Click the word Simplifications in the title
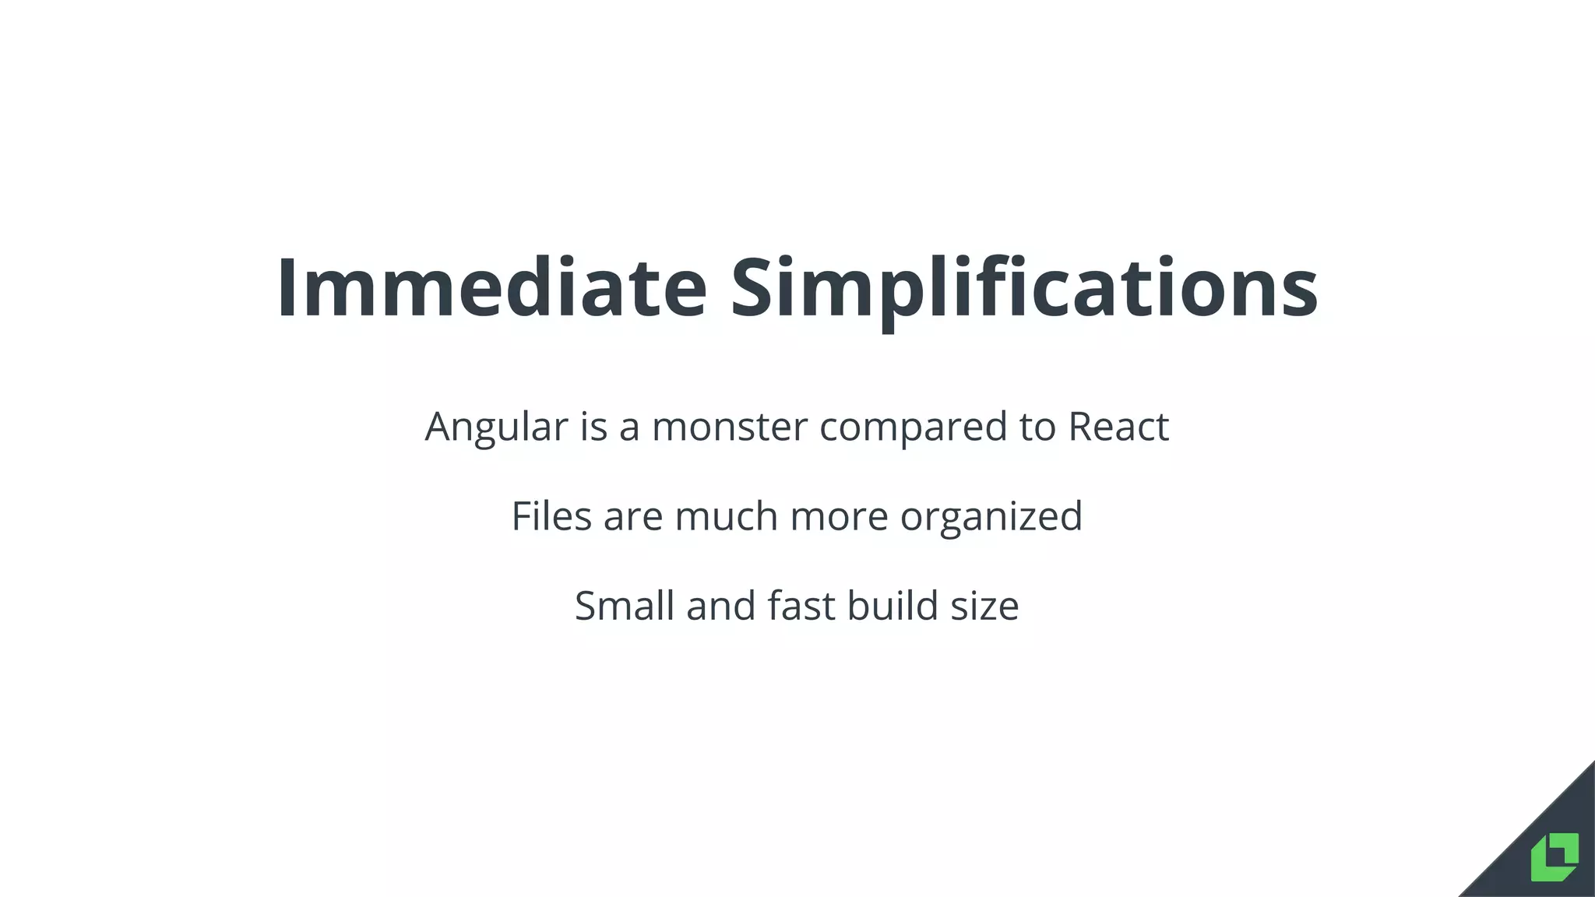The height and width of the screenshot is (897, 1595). tap(1023, 289)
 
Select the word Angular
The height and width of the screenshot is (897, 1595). tap(496, 427)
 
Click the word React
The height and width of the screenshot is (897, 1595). tap(1118, 427)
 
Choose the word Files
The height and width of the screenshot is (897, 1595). tap(551, 516)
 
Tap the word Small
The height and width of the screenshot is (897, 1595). tap(624, 606)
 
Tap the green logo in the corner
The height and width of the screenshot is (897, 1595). tap(1555, 857)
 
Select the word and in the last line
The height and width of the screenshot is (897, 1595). tap(720, 606)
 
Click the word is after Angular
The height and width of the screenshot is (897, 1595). tap(593, 427)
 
